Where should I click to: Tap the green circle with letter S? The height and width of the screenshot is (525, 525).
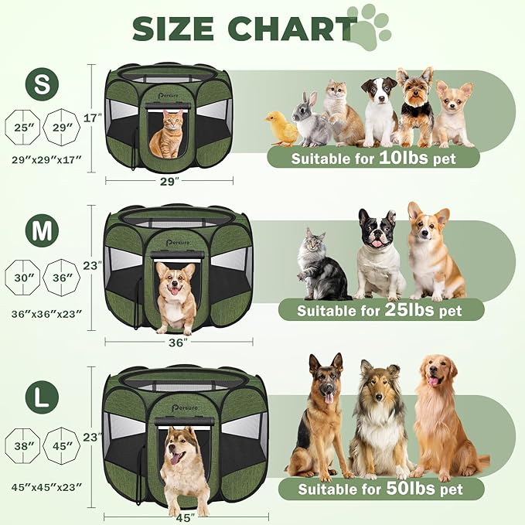coord(41,84)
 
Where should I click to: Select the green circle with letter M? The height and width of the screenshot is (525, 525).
coord(41,229)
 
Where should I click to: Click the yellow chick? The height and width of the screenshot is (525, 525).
coord(282,128)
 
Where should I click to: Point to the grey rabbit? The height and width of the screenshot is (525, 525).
coord(311,120)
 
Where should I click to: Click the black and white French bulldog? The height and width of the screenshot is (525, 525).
coord(379,254)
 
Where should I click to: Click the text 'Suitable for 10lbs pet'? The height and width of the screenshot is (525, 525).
coord(373,158)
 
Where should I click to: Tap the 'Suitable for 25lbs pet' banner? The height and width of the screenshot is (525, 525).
coord(380,311)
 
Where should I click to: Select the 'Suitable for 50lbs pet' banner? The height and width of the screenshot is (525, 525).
coord(380,489)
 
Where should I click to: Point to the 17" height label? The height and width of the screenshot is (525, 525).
coord(93,118)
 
